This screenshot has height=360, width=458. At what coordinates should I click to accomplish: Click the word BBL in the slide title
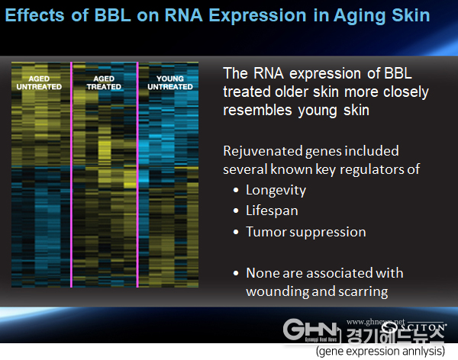pos(112,15)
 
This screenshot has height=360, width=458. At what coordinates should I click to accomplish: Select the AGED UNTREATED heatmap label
pos(39,82)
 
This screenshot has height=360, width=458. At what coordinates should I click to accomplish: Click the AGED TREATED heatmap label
pos(104,82)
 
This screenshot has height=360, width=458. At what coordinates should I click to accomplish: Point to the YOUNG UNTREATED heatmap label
pos(170,82)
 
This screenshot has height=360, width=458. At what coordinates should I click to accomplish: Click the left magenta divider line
pos(71,175)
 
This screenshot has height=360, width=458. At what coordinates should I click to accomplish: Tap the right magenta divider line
pos(137,175)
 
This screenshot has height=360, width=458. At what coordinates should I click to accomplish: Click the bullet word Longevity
pos(276,191)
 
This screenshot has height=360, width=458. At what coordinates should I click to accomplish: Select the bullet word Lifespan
pos(272,211)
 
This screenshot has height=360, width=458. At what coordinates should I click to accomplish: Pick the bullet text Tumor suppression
pos(306,232)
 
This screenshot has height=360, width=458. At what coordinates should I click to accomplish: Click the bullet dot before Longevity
pos(236,191)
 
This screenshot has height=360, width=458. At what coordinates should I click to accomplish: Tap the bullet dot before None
pos(236,274)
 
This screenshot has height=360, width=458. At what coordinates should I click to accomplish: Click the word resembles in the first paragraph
pos(257,110)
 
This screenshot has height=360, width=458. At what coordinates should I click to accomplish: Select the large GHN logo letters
pos(311,329)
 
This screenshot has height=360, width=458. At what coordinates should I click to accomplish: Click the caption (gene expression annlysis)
pos(380,351)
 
